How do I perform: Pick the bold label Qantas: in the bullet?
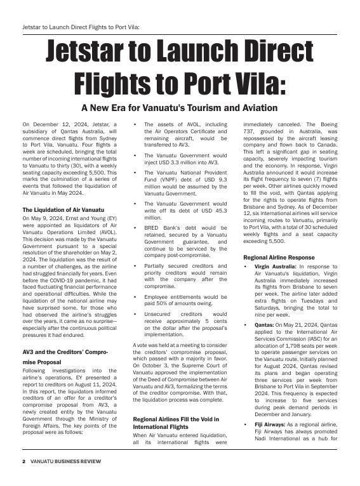click(265, 325)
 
